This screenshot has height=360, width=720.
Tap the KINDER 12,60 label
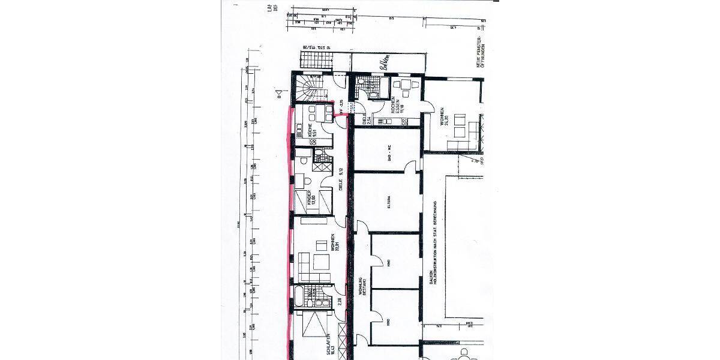point(311,198)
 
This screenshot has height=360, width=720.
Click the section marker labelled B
point(277,93)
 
